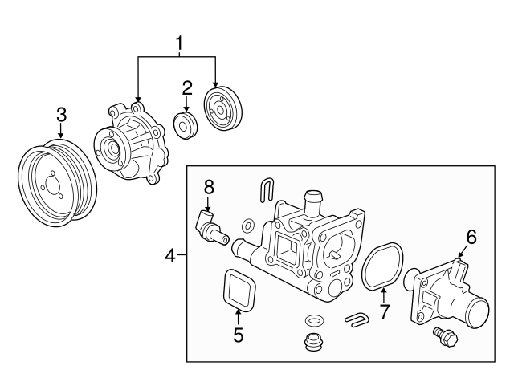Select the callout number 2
186,87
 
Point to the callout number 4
170,256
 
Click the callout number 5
238,335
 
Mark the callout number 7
385,311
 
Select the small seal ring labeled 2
186,125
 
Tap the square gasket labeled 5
238,290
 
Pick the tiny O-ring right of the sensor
249,225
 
